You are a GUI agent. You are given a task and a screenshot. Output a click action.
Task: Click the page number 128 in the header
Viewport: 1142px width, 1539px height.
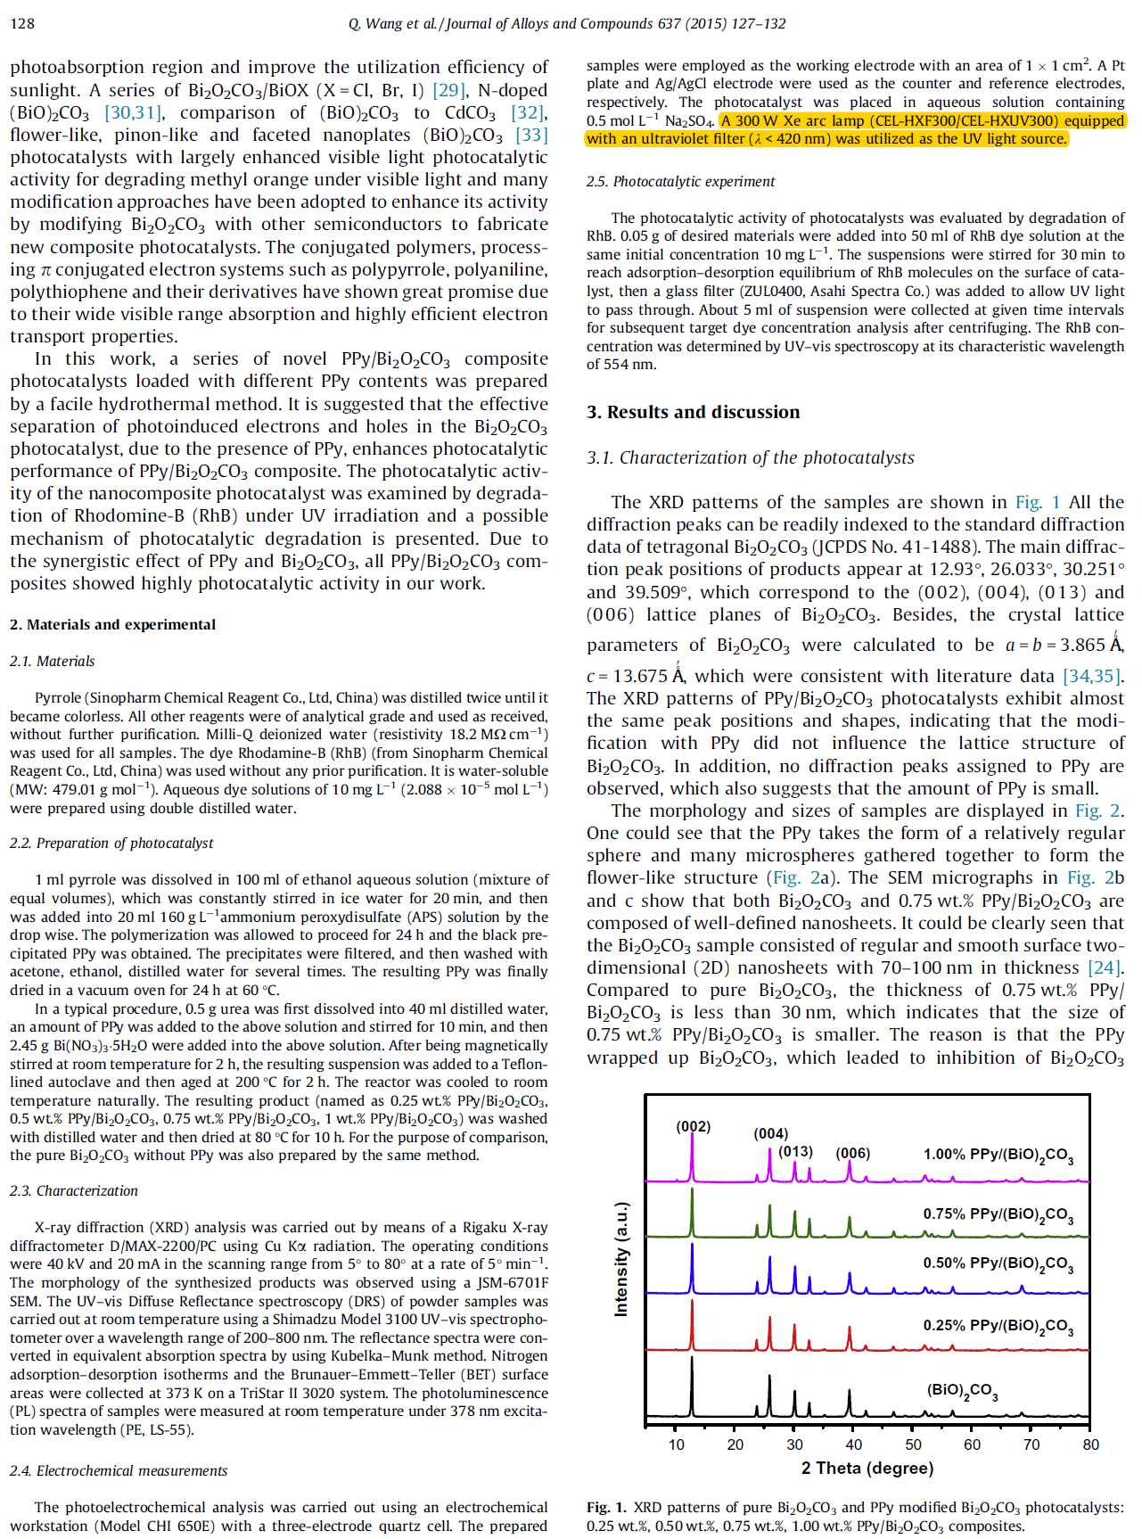click(22, 23)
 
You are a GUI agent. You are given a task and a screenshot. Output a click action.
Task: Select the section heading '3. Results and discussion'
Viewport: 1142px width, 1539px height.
click(693, 412)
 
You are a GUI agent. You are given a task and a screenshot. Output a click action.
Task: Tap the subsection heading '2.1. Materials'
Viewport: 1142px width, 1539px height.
click(52, 661)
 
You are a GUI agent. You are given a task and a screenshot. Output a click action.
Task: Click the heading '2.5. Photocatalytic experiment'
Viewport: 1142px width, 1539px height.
click(680, 181)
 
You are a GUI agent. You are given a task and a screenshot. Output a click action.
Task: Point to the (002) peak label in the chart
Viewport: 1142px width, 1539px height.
click(693, 1126)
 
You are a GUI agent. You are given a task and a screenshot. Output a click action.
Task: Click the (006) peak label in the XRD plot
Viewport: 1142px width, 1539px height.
click(852, 1153)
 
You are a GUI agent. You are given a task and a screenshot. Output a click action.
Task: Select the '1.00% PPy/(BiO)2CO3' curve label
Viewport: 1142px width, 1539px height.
click(998, 1155)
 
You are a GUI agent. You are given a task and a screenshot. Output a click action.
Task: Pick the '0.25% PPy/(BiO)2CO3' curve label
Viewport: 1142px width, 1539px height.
click(998, 1326)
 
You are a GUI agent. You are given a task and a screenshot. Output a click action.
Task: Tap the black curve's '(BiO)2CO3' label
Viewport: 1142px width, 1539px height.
click(962, 1390)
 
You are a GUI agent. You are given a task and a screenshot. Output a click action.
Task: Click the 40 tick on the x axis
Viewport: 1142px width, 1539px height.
click(853, 1444)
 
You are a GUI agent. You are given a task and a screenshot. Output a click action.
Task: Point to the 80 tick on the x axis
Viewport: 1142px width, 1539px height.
click(1090, 1444)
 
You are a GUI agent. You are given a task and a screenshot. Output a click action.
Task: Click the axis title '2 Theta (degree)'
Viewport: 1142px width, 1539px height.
click(867, 1468)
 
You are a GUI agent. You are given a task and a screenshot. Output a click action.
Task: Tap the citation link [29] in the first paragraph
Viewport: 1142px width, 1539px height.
click(448, 90)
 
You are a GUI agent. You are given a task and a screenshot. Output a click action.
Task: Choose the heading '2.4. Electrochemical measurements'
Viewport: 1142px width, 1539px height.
click(119, 1470)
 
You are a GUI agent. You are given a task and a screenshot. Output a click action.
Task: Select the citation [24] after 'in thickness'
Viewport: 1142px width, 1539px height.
click(1105, 967)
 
